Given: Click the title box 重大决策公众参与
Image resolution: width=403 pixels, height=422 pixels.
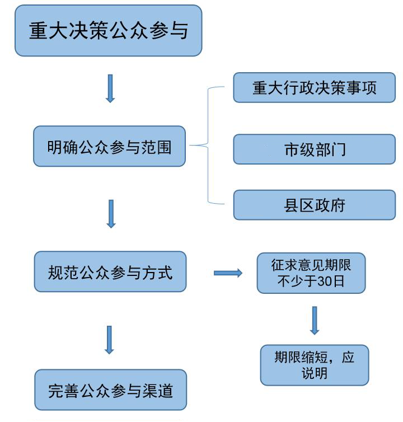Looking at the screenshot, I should [x=108, y=31].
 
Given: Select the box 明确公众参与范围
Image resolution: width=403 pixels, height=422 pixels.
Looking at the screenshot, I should [x=109, y=147].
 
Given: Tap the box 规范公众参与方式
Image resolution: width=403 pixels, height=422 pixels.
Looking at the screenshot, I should [x=110, y=272].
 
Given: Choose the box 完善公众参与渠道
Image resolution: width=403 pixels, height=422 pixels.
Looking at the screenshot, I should [x=110, y=390].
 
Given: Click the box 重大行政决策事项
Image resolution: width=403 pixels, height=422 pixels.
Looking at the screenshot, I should [x=314, y=88].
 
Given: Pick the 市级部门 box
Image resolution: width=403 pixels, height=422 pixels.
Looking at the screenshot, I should [x=314, y=149].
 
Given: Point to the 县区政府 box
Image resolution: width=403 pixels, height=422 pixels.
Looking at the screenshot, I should [x=314, y=205].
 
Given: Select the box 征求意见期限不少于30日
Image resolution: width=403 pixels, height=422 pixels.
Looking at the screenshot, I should [x=311, y=273].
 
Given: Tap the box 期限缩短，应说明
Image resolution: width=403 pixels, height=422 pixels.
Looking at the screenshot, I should [x=314, y=365].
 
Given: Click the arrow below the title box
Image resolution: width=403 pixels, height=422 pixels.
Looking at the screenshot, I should [x=110, y=88].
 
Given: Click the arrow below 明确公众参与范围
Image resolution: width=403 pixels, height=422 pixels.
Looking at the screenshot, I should [x=111, y=214].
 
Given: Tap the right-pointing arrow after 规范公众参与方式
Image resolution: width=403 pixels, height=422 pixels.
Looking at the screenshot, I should [x=228, y=273].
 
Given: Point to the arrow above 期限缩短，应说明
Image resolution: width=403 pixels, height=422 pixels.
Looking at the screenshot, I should [x=315, y=321].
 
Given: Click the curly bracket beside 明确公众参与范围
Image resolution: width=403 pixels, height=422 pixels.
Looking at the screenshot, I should [x=207, y=146].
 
